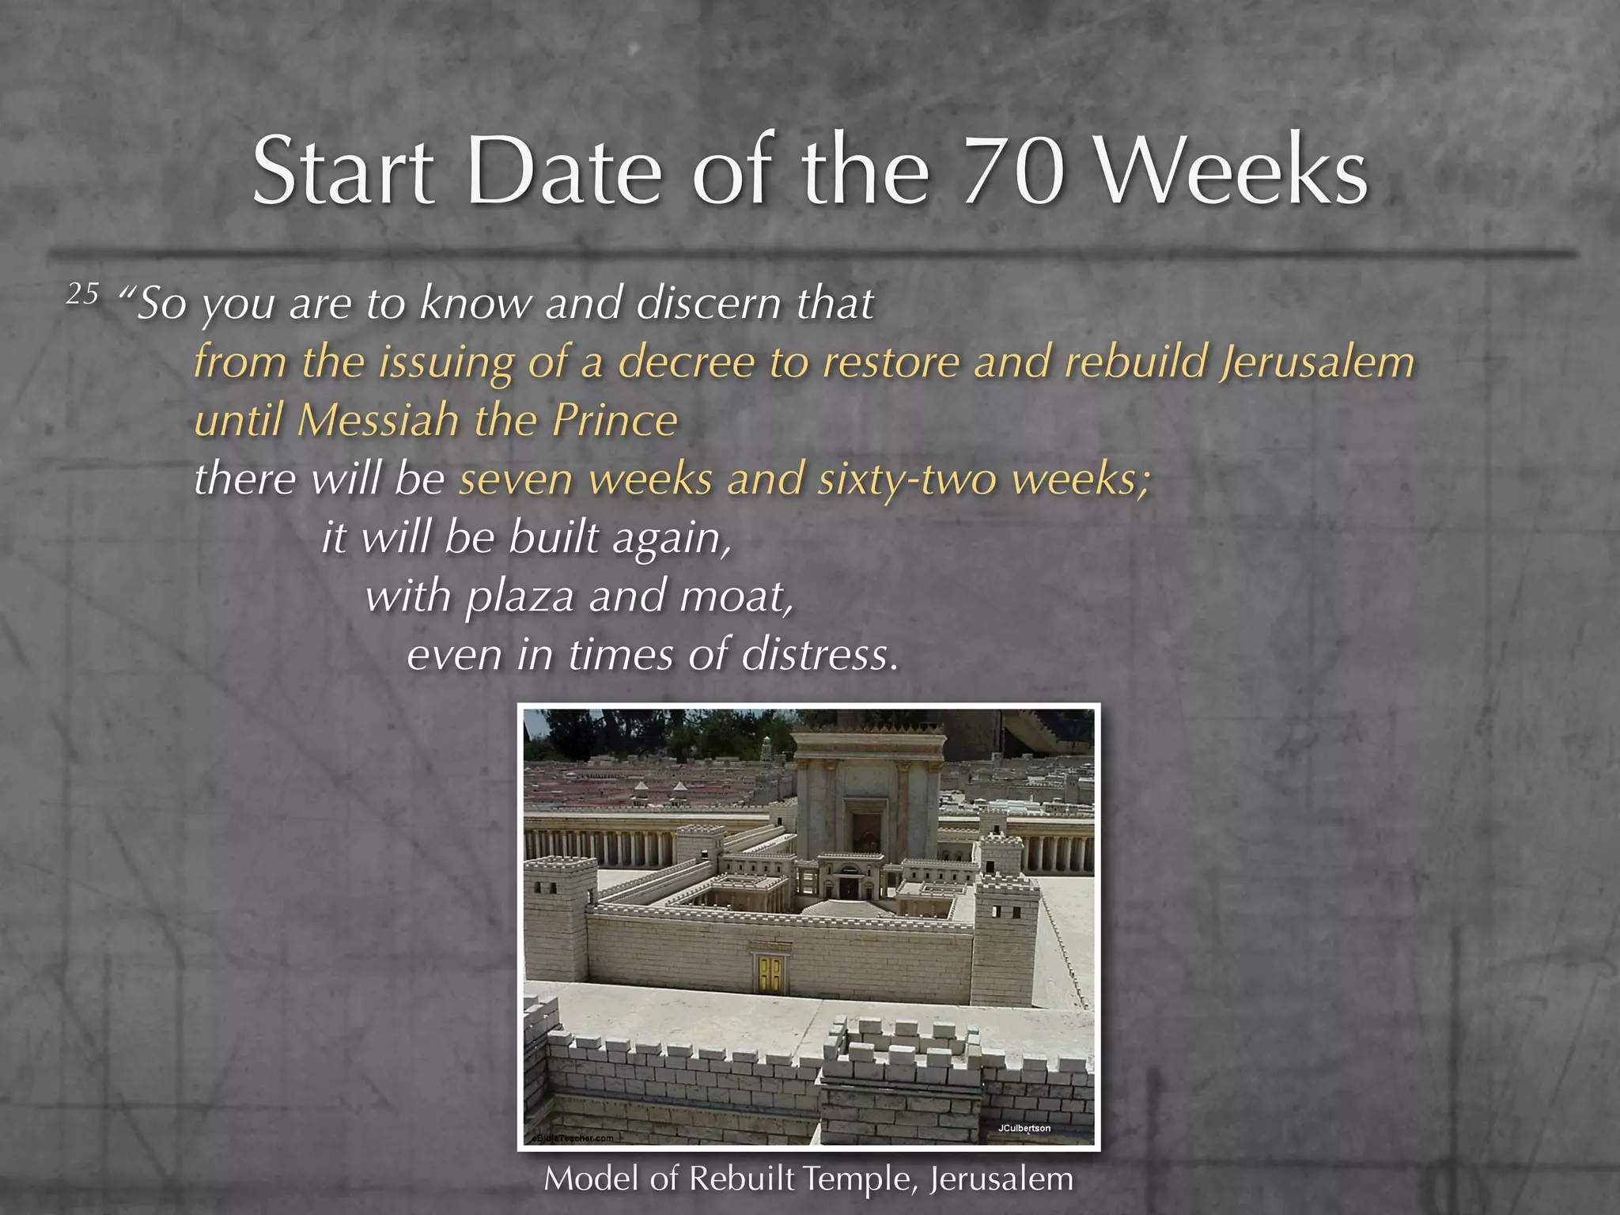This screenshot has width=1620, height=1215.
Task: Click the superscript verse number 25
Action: coord(82,294)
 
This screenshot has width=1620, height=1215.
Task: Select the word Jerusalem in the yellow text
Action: coord(1316,362)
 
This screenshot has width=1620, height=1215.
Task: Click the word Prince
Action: coord(615,420)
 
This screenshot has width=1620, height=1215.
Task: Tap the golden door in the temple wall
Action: coord(770,974)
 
